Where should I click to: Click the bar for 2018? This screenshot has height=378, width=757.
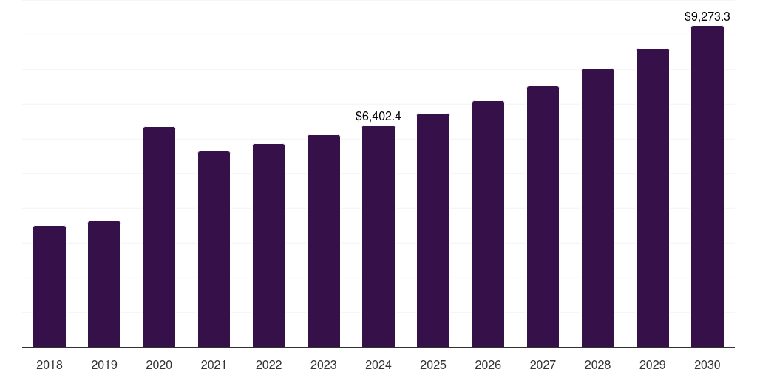[50, 286]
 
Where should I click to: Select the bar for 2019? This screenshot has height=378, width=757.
[104, 284]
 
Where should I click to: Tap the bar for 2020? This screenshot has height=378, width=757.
[159, 237]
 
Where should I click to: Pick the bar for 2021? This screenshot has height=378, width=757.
[214, 249]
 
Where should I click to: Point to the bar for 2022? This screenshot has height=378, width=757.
[268, 245]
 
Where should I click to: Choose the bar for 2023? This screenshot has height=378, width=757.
[324, 241]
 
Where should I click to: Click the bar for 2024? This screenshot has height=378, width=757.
[378, 236]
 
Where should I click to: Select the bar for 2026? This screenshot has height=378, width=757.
[488, 224]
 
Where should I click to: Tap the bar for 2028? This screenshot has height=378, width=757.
[597, 207]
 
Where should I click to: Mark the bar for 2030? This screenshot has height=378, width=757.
[707, 186]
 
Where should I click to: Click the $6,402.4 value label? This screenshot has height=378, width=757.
[378, 116]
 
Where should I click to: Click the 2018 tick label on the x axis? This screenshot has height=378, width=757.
[50, 365]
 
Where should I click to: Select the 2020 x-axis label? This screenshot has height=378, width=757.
[159, 365]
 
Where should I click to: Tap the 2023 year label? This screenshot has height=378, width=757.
[324, 365]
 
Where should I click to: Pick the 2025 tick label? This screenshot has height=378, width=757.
[433, 365]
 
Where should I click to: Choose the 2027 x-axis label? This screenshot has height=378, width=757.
[543, 365]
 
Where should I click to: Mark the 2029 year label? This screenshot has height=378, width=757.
[652, 365]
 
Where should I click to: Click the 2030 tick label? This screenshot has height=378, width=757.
[707, 365]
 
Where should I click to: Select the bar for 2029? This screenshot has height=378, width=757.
[652, 198]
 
